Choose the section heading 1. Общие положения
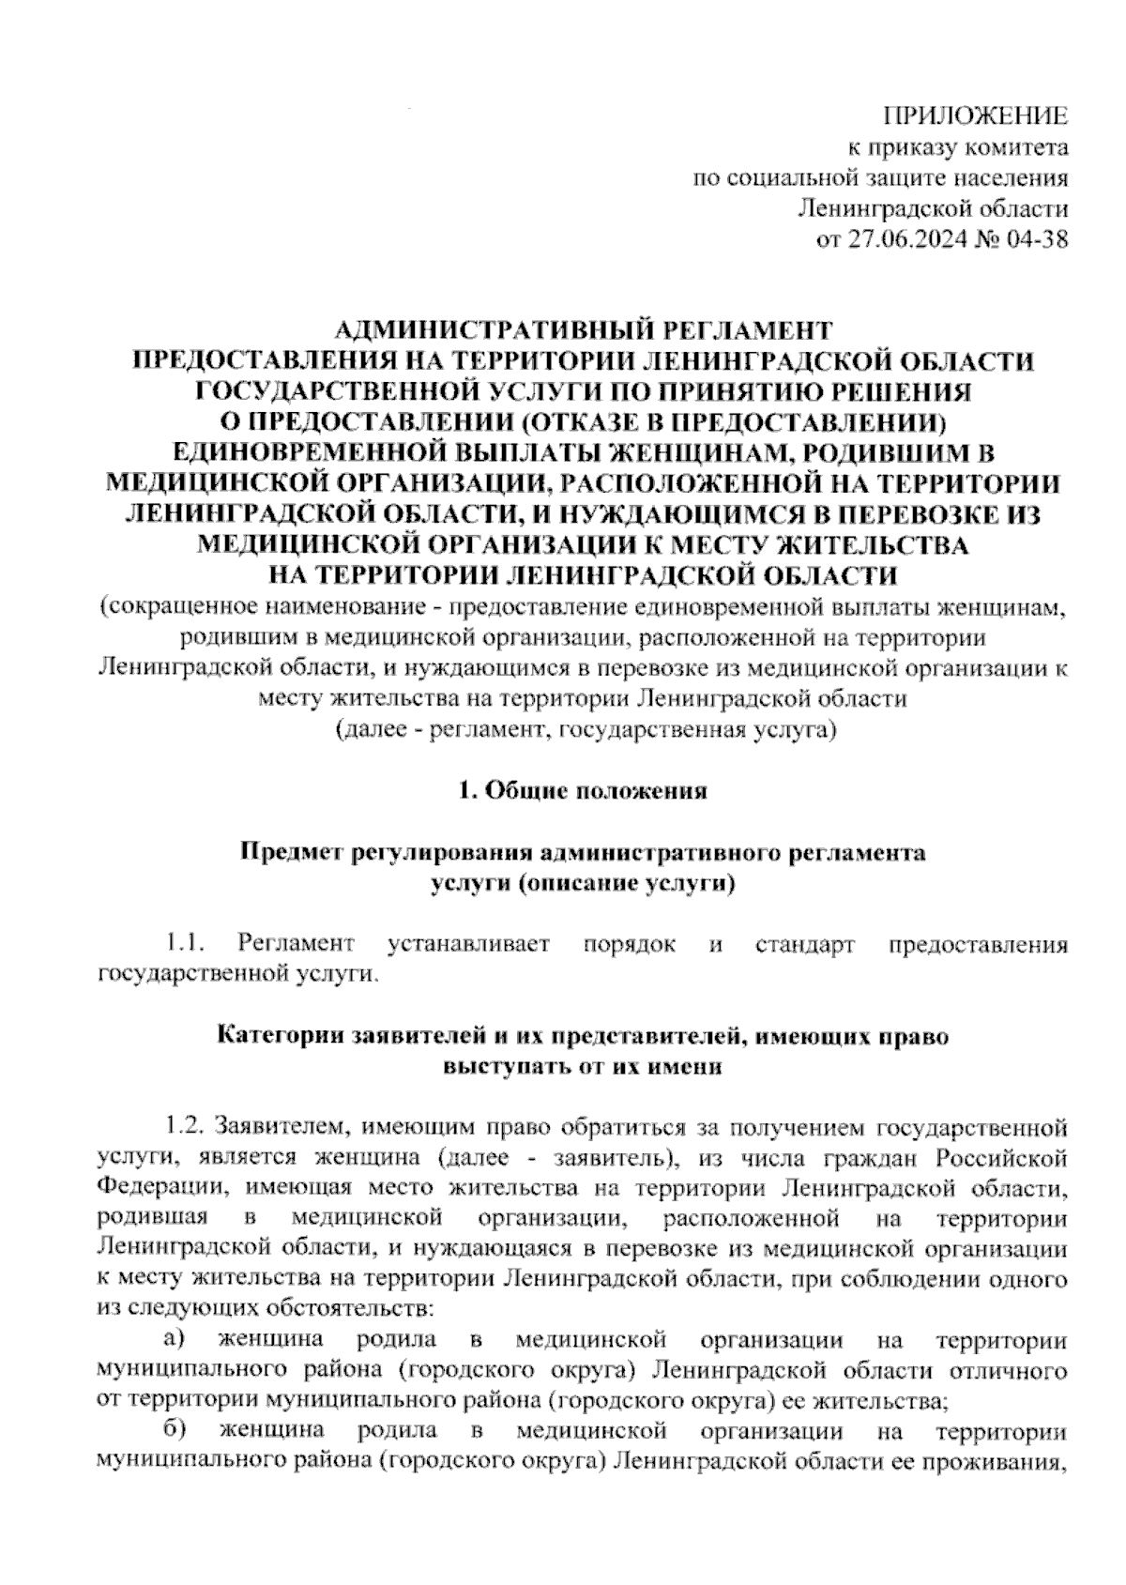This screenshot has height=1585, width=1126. (582, 791)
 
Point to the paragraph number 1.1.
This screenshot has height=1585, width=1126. (185, 944)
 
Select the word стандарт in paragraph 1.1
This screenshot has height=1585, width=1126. (804, 944)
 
